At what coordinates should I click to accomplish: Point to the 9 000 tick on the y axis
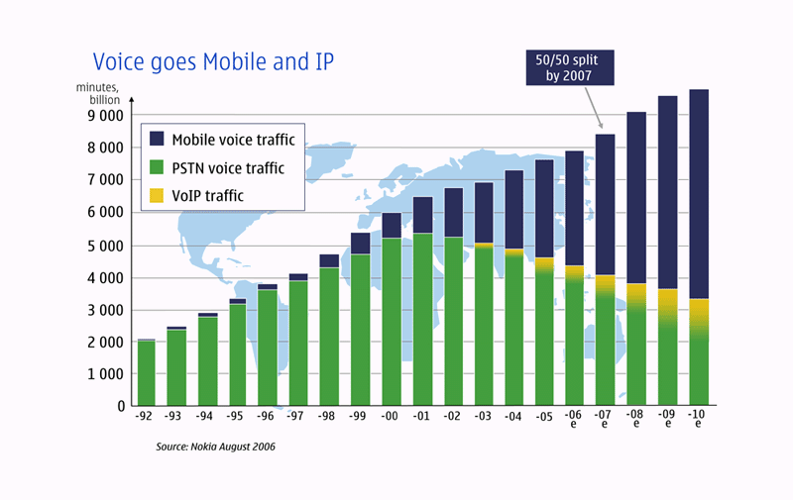coord(102,116)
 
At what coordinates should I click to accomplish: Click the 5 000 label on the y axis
coord(102,246)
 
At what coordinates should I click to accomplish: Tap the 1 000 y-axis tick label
coord(102,374)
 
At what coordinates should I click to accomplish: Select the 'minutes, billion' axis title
coord(98,93)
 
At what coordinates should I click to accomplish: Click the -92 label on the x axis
coord(146,417)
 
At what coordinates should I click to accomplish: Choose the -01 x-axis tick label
coord(422,417)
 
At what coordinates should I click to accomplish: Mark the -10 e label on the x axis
coord(698,422)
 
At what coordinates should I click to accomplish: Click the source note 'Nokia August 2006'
coord(215,448)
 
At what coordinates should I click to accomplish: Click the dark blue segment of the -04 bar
coord(514,210)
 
